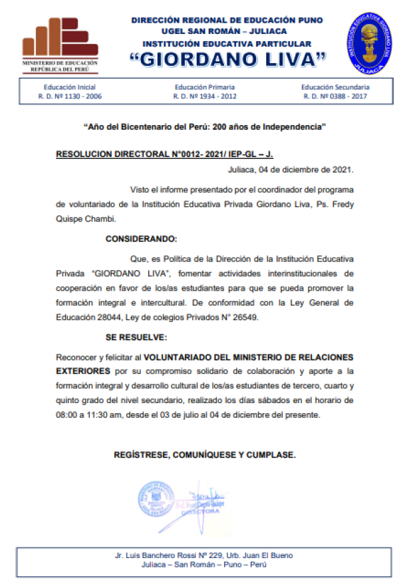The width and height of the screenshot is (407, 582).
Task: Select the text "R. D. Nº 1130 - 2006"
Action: (x=70, y=96)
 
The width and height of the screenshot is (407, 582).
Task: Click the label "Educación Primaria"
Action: (x=205, y=87)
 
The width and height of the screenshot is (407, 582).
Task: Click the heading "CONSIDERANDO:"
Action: (x=142, y=237)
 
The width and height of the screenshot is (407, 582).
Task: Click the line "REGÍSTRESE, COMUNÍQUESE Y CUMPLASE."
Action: (x=204, y=455)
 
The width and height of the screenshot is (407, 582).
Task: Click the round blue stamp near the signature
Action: (x=157, y=501)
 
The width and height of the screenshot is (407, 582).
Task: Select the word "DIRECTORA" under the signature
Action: (x=200, y=511)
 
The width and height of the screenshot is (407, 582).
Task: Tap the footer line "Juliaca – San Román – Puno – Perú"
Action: (x=203, y=565)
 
